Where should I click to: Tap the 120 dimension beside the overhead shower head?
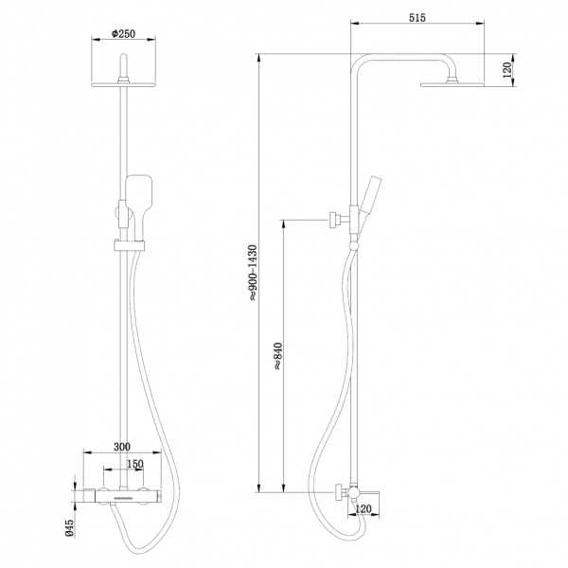508,70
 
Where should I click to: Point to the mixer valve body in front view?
123,495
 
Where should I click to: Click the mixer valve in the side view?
351,492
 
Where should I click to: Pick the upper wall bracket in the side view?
336,221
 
